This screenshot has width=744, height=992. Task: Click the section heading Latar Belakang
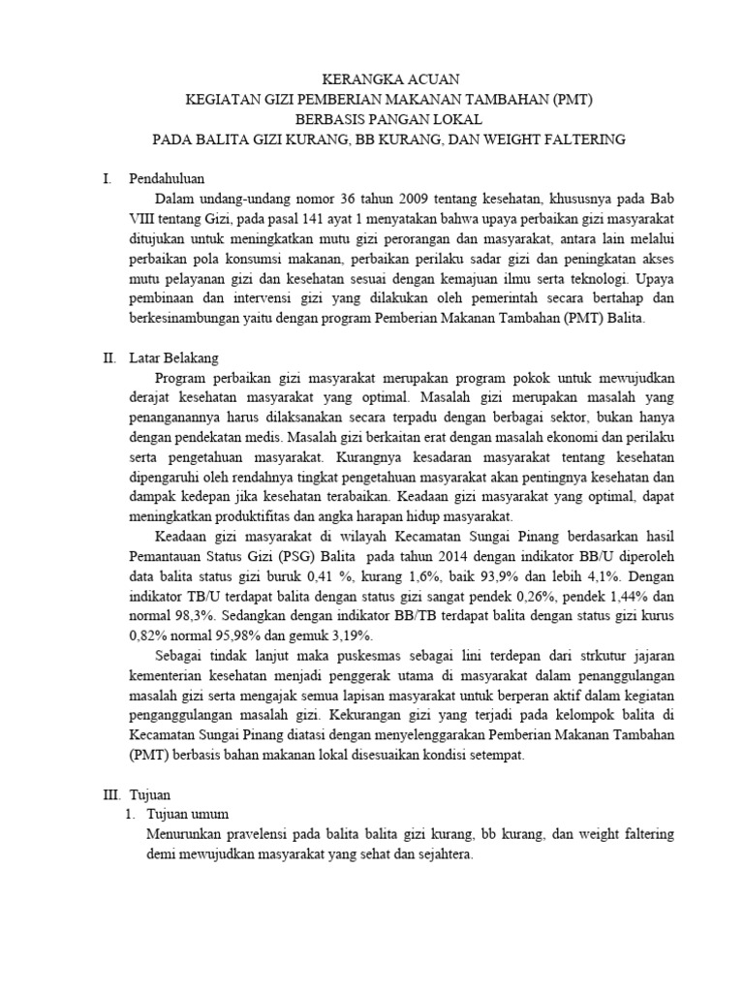point(173,357)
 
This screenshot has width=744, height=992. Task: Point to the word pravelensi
point(250,833)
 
